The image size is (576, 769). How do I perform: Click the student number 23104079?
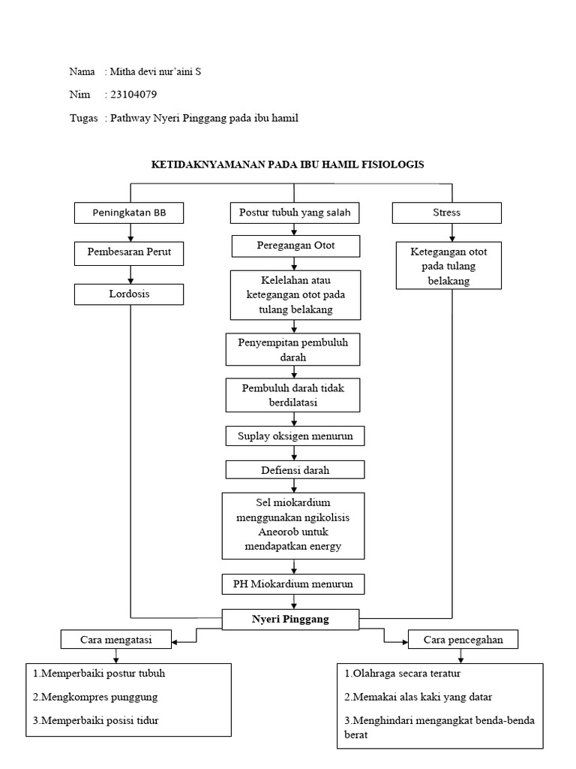(x=133, y=95)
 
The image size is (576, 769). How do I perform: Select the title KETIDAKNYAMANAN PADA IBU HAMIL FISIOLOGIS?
(x=288, y=164)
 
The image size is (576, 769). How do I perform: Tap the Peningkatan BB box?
(x=129, y=213)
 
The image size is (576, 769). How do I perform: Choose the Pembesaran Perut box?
(x=129, y=252)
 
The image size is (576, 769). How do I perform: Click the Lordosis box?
(x=129, y=294)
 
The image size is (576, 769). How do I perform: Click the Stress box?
(x=447, y=213)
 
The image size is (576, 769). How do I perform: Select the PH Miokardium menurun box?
(x=294, y=583)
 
